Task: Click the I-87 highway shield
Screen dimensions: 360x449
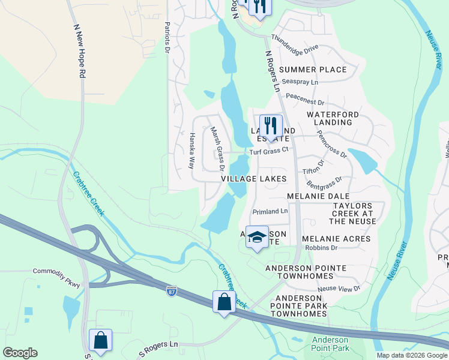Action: click(172, 291)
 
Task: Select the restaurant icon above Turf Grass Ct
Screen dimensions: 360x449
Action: click(271, 127)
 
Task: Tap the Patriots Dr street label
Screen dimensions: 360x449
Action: click(167, 36)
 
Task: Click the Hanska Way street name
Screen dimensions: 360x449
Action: click(193, 150)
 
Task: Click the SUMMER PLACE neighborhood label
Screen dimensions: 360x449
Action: click(312, 70)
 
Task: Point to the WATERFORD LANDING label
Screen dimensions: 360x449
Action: click(333, 118)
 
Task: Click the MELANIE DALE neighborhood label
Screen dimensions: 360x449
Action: click(318, 196)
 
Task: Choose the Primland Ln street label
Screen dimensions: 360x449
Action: click(270, 211)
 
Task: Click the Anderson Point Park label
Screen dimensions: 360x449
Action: click(330, 344)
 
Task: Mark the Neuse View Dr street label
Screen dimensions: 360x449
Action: click(339, 289)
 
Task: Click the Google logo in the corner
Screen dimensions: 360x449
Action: click(20, 353)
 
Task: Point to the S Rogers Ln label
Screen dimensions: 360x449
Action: click(159, 350)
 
